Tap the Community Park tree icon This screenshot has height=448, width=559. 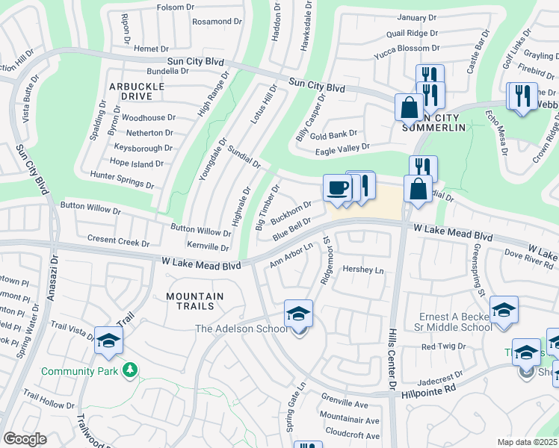[130, 370]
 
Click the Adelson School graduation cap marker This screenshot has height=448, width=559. [297, 314]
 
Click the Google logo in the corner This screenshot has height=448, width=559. [24, 438]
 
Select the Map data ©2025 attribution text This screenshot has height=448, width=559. [526, 442]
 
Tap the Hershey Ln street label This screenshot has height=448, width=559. [362, 270]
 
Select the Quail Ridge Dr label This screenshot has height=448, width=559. [412, 33]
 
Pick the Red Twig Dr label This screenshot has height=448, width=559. [443, 346]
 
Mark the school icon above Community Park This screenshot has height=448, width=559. [108, 340]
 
